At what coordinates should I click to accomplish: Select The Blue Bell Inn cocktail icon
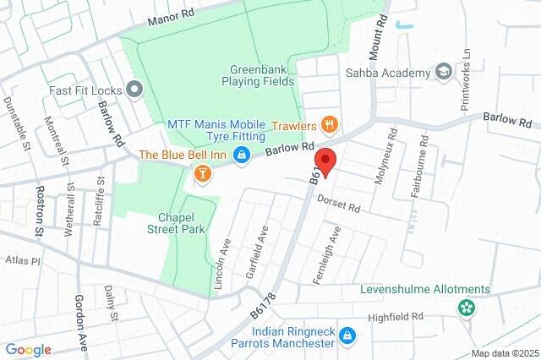(x=202, y=173)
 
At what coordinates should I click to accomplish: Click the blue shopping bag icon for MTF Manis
(x=242, y=154)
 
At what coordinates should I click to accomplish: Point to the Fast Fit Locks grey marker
(x=134, y=89)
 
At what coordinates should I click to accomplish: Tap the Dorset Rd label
(x=339, y=205)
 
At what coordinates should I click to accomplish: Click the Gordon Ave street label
(x=81, y=316)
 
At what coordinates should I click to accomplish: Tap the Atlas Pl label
(x=23, y=261)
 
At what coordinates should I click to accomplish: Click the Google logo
(x=28, y=350)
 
